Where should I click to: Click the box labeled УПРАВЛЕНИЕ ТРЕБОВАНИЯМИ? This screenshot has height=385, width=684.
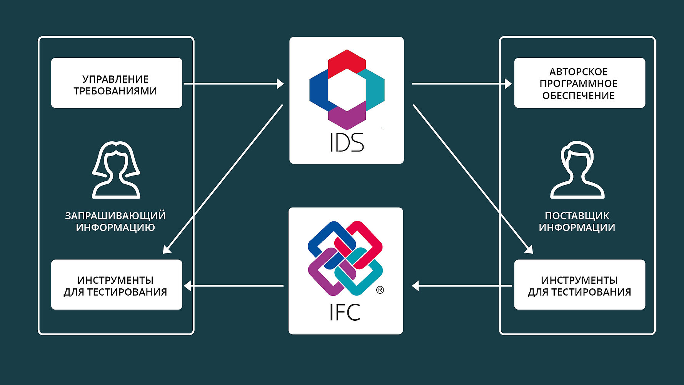point(117,83)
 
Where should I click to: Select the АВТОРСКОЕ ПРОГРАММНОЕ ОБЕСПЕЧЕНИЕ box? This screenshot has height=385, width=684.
point(580,83)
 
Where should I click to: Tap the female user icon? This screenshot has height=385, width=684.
point(116,170)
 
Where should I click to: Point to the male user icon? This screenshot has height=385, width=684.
point(577,170)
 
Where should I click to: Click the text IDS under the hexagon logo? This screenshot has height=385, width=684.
point(347,142)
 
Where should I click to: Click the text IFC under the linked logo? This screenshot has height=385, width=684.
point(345,312)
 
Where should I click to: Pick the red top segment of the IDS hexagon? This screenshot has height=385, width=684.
point(347,63)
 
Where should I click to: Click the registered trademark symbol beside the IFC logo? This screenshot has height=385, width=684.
point(380,290)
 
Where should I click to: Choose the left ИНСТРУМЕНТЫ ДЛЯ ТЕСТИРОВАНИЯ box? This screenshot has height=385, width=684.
point(117,285)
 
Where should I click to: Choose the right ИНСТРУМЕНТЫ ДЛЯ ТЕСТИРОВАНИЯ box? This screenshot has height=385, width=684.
point(580,285)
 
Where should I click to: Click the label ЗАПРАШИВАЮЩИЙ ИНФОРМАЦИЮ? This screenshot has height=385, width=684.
point(115,221)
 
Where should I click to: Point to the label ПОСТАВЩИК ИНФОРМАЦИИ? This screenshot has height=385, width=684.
point(577,221)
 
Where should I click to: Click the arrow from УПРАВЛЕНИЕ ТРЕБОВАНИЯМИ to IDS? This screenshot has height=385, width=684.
point(234,84)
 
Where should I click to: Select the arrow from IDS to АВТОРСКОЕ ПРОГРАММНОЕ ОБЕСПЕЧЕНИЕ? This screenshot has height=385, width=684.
point(462,84)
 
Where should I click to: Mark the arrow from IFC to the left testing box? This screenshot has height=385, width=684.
point(234,286)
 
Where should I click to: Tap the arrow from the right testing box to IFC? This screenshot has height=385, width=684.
point(462,286)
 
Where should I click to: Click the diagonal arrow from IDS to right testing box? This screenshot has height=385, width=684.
point(473,179)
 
